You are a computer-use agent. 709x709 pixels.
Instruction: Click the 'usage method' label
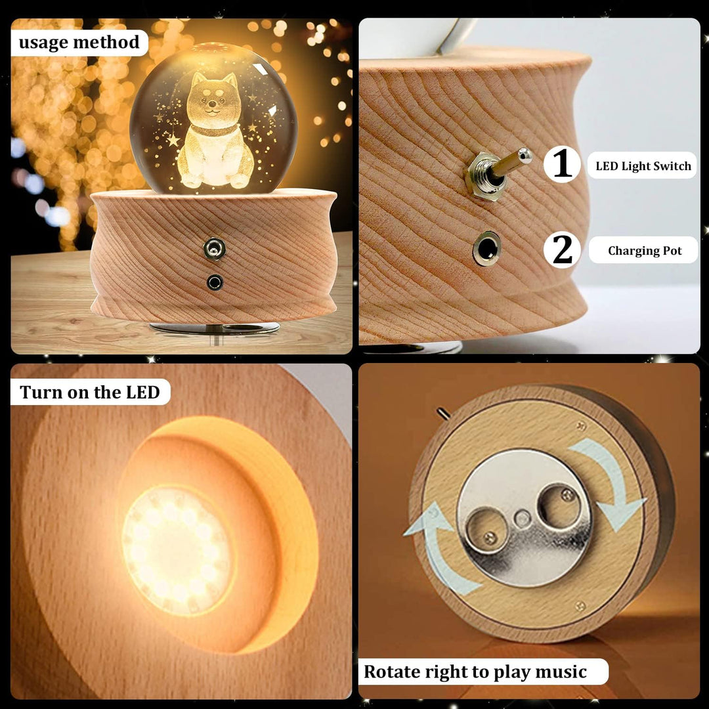(79, 43)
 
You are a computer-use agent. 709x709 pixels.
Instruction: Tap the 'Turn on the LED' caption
(90, 392)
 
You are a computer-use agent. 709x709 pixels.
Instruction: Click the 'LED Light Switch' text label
(643, 166)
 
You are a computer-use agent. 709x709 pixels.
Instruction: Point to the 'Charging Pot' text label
(645, 251)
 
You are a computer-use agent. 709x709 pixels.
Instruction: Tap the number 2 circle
(562, 249)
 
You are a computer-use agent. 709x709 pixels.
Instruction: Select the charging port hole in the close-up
(486, 249)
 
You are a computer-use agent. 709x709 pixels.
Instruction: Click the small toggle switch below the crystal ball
(214, 249)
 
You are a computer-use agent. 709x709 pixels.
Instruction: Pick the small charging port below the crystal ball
(214, 282)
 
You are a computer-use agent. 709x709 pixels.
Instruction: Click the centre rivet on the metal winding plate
(523, 518)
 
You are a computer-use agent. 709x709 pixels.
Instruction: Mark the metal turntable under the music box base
(215, 328)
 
